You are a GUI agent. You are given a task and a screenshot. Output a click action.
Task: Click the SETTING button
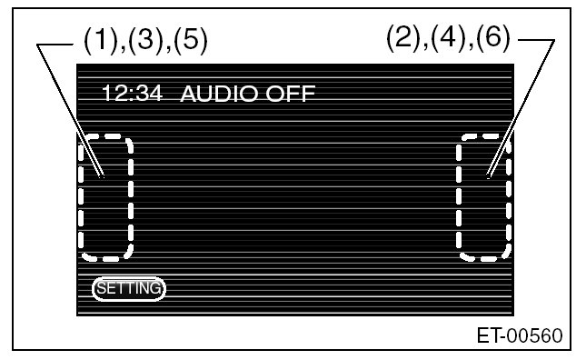(129, 288)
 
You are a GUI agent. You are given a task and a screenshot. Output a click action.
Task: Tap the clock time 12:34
(133, 93)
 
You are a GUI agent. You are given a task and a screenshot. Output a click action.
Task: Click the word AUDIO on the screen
(219, 94)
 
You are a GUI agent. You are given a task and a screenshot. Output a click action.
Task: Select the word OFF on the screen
(291, 94)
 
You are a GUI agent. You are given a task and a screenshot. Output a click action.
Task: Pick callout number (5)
(190, 40)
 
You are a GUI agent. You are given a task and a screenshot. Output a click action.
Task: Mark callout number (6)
(493, 38)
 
